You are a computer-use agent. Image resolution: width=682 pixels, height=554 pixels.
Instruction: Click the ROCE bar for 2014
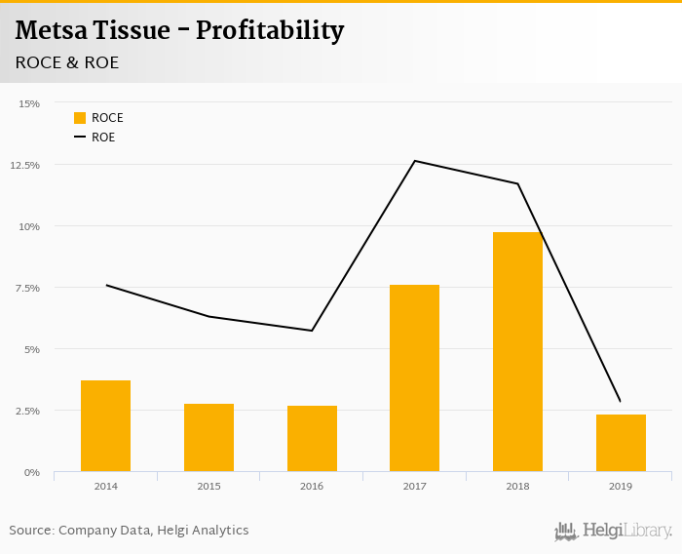coord(105,426)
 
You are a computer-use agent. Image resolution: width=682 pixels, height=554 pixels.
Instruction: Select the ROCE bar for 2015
coord(208,438)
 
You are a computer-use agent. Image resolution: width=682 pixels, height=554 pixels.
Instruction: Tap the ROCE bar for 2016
coord(312,439)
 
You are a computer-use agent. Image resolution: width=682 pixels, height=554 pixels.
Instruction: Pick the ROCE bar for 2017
coord(414,378)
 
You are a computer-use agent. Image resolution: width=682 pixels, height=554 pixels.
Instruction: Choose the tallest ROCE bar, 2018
coord(517,352)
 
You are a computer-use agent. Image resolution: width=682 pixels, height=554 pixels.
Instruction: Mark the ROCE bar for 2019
coord(621,443)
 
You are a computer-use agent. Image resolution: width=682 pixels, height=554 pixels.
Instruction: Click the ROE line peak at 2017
coord(415,161)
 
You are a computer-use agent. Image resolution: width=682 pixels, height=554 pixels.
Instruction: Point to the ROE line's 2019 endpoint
coord(620,401)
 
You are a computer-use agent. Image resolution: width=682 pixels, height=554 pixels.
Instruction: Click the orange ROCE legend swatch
coord(80,118)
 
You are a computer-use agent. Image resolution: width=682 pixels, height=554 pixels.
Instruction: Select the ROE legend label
coord(103,138)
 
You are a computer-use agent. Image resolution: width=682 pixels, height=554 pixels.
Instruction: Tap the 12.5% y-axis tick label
coord(25,165)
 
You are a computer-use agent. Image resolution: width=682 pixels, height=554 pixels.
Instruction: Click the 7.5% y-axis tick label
coord(27,288)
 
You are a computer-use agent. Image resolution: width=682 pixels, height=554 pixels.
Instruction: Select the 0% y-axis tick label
coord(32,472)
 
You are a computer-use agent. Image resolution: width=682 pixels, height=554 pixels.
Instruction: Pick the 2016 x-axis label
coord(312,486)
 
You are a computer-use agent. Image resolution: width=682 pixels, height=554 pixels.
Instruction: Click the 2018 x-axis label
coord(517,486)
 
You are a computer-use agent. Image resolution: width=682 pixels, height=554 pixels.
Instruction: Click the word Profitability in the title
coord(270,31)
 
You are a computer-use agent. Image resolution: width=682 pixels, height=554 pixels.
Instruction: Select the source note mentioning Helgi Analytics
coord(129,531)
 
